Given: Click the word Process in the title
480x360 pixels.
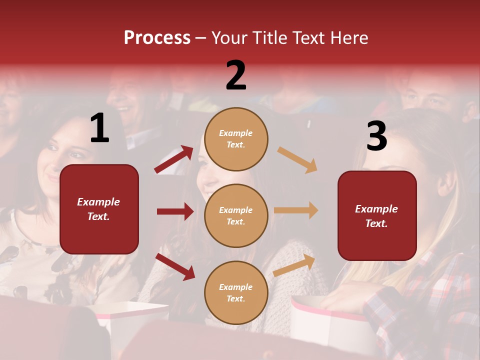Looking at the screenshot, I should (157, 38).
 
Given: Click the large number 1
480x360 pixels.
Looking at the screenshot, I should (99, 128).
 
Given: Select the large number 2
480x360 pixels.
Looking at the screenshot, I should (236, 75).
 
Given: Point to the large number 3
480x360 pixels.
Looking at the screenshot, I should (376, 136).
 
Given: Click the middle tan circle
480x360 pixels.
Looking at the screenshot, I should (236, 215).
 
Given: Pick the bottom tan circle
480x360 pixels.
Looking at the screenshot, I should (236, 292).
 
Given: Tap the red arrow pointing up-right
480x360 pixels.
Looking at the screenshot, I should (173, 159).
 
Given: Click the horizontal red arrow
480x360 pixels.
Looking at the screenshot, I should (175, 211).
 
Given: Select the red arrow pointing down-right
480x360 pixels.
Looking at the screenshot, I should (175, 266).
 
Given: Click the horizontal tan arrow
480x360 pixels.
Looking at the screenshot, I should (295, 210).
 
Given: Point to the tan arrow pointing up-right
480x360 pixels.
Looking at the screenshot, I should (294, 265).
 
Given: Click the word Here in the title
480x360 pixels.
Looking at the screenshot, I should (348, 38).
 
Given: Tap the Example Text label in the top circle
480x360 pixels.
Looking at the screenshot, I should (236, 139).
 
